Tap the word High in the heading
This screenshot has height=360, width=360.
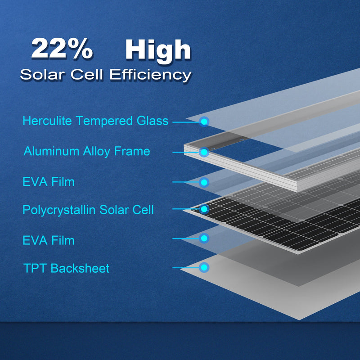click(158, 50)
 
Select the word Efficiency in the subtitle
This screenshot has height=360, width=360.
click(150, 75)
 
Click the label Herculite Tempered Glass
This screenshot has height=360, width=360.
click(95, 121)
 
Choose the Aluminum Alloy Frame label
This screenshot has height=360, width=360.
click(87, 151)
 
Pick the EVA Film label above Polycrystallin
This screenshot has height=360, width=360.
click(49, 182)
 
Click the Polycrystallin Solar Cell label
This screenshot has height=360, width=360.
click(88, 210)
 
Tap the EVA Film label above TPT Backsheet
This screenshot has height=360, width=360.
click(49, 240)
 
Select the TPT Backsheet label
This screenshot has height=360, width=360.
click(67, 269)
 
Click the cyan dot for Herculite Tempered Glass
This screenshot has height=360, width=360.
click(204, 121)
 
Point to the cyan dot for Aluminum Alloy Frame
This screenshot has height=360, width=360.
click(204, 153)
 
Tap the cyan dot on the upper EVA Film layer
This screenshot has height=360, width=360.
click(204, 182)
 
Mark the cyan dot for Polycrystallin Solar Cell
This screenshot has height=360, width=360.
click(204, 209)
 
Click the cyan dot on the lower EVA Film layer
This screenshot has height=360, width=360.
click(204, 238)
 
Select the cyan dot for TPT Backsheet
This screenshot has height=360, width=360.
click(204, 268)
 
